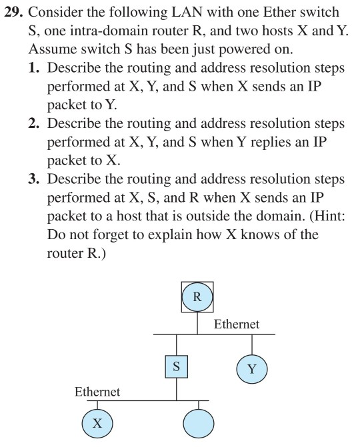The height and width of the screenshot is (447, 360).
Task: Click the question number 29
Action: pyautogui.click(x=15, y=13)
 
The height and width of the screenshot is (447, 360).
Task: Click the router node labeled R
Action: pyautogui.click(x=197, y=296)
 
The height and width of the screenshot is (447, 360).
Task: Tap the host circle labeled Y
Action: pyautogui.click(x=252, y=368)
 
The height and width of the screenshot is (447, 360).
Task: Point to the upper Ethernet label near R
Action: pyautogui.click(x=237, y=324)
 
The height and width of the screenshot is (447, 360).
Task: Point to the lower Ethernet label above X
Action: pyautogui.click(x=97, y=392)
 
